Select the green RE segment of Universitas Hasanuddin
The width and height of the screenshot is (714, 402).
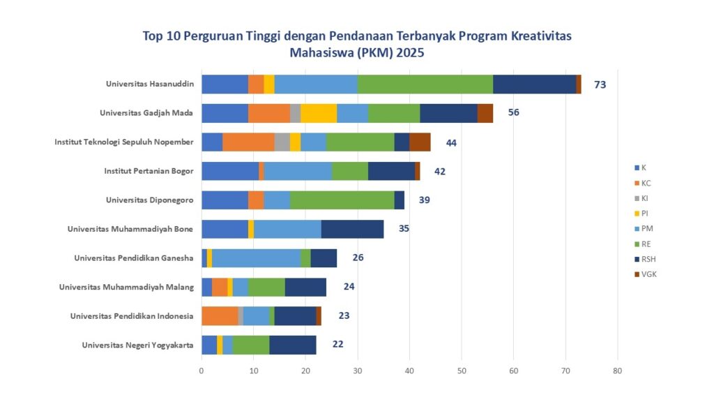pos(425,84)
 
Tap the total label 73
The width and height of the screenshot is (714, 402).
pos(600,84)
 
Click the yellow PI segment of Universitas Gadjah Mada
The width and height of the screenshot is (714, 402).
pos(319,113)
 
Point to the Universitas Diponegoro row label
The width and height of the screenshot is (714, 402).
pos(149,200)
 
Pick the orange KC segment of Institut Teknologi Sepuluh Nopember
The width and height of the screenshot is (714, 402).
pos(248,142)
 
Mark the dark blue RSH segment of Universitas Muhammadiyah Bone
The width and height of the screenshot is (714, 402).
pos(352,229)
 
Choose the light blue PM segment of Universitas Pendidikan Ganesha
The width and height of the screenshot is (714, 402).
pos(256,258)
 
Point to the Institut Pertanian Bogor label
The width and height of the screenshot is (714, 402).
pos(149,171)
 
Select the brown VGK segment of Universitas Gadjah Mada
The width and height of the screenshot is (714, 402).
pos(485,113)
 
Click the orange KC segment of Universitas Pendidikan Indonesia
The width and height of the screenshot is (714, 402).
pos(220,315)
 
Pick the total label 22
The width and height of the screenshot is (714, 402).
pos(337,344)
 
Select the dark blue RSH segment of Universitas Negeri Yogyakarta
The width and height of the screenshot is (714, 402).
pos(293,345)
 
